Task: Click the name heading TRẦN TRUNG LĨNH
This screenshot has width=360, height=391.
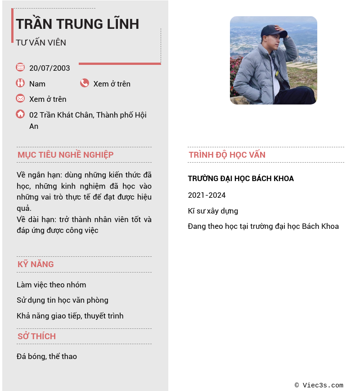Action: click(77, 24)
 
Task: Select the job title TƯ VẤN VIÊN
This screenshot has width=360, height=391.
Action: click(41, 43)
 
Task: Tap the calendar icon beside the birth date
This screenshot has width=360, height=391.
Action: click(20, 67)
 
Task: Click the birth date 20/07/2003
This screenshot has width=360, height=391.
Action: click(49, 68)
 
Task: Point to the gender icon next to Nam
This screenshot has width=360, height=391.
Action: click(20, 83)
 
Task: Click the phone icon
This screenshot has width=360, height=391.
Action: click(85, 83)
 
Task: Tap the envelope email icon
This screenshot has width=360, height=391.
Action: click(20, 98)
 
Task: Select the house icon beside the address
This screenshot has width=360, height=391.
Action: click(20, 114)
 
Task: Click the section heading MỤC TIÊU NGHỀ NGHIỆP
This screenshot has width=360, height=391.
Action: click(65, 155)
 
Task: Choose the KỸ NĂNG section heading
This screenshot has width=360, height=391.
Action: click(36, 264)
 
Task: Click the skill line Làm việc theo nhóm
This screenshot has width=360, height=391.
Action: click(51, 285)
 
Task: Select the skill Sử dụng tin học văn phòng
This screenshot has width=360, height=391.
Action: click(63, 300)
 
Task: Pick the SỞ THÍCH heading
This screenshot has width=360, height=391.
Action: click(36, 336)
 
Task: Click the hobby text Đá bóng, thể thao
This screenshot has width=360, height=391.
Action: click(47, 356)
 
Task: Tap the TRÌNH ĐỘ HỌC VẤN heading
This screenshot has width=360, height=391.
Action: click(227, 155)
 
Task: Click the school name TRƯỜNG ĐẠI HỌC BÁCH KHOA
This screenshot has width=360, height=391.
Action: click(241, 179)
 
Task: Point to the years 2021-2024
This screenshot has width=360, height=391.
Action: click(207, 195)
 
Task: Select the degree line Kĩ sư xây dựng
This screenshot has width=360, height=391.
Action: click(213, 211)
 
